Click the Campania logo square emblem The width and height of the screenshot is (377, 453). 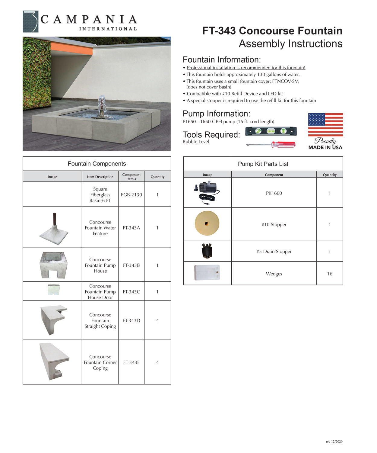click(30, 22)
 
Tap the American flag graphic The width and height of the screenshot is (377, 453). click(325, 125)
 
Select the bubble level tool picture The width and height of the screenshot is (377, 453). click(271, 131)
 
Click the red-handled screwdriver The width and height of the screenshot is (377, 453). click(271, 145)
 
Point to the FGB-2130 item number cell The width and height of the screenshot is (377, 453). click(131, 195)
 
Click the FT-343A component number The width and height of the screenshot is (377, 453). click(131, 228)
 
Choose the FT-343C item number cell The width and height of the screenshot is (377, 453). click(131, 292)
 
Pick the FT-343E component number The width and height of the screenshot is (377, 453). click(131, 362)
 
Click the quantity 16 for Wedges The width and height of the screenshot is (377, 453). click(330, 274)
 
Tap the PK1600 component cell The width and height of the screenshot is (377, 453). click(274, 193)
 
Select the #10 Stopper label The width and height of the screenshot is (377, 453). click(274, 225)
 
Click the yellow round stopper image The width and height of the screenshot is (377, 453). click(207, 223)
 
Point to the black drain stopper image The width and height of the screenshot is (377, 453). click(207, 251)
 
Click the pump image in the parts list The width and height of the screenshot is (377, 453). click(207, 192)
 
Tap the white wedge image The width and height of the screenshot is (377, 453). click(207, 273)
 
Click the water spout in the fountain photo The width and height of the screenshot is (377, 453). click(102, 106)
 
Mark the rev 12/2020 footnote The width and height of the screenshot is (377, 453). click(334, 442)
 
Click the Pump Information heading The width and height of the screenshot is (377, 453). click(216, 114)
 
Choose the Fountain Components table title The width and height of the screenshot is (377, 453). click(97, 164)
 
